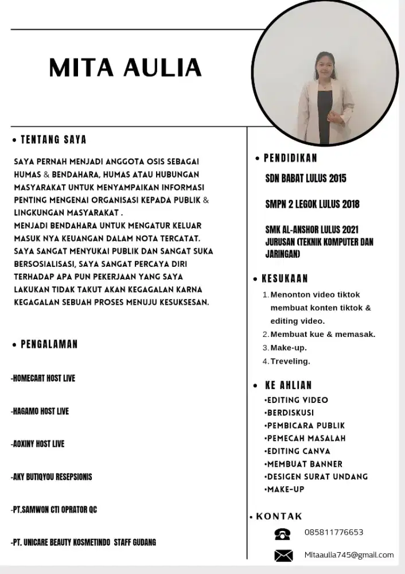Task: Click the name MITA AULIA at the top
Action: (125, 68)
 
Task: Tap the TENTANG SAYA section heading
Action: (53, 139)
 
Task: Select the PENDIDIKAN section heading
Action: (289, 158)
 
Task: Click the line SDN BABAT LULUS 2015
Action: (306, 179)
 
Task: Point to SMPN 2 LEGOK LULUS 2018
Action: (312, 204)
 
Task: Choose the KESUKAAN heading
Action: (285, 279)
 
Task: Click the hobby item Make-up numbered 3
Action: (288, 347)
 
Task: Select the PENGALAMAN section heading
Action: (48, 344)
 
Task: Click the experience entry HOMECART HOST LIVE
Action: (43, 378)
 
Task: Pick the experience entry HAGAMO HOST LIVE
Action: (40, 411)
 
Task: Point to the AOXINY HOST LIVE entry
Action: (38, 444)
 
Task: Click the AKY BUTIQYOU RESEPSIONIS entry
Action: (52, 476)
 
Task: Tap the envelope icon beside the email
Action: (283, 555)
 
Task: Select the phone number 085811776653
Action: (333, 532)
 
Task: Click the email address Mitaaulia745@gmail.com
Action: (349, 554)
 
